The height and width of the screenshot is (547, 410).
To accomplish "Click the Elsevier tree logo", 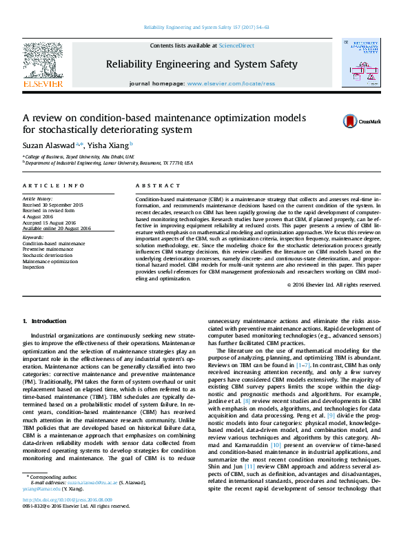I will [x=43, y=60].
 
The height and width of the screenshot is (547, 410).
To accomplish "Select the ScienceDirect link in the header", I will [x=236, y=45].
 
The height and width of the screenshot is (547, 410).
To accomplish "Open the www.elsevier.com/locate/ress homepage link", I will [x=230, y=83].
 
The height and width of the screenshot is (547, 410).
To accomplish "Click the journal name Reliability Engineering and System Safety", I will [x=201, y=64].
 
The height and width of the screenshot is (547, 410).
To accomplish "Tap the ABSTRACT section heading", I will [x=148, y=186].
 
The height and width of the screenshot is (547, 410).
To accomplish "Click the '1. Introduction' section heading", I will [x=45, y=321].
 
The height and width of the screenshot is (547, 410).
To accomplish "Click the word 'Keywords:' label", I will [x=33, y=238].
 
